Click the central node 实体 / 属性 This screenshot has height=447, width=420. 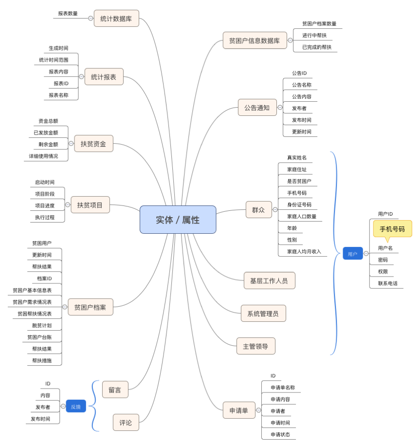178,220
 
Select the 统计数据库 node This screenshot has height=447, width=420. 116,19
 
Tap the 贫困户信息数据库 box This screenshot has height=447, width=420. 255,40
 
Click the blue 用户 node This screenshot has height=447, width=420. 352,254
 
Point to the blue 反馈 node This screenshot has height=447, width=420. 76,406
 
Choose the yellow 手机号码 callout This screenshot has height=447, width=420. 392,229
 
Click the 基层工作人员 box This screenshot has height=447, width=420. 269,280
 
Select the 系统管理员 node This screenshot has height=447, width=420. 263,314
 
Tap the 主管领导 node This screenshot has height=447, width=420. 256,346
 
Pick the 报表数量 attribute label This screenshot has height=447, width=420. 68,14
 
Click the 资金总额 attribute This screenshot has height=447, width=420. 48,121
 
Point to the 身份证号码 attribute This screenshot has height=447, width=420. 299,205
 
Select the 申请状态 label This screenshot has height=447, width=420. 280,434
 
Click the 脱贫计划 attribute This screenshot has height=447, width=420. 42,325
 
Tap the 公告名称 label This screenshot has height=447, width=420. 301,85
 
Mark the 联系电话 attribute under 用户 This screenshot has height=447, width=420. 387,283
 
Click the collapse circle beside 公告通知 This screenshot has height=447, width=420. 280,107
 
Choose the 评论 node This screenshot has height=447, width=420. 126,423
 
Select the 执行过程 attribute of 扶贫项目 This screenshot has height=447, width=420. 45,217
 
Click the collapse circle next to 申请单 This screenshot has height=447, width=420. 259,410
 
